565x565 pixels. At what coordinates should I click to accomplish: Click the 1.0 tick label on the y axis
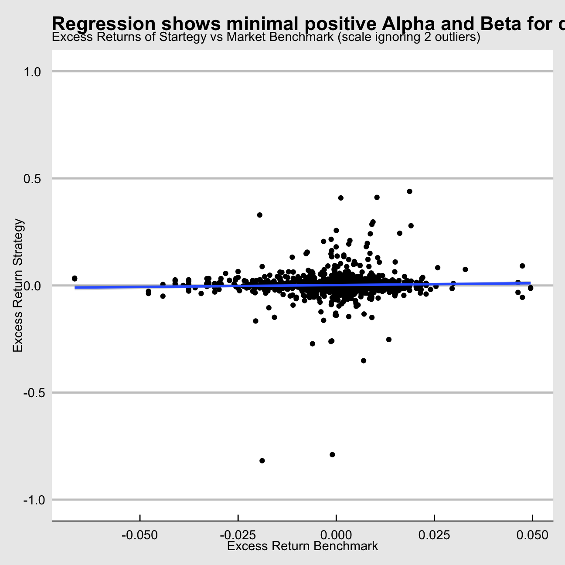coord(31,71)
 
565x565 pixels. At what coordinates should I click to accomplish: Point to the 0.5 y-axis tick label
coord(31,179)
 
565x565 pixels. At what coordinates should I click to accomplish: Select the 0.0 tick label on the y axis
coord(31,286)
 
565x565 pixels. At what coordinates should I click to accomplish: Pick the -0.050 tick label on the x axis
coord(140,534)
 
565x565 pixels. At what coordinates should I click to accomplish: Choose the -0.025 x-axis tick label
coord(238,534)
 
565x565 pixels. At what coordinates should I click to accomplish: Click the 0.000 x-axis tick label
coord(336,534)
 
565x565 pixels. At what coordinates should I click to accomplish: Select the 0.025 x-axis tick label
coord(434,534)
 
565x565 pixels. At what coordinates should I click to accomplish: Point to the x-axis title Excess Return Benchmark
coord(303,546)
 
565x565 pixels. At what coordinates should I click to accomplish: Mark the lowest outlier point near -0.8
coord(262,461)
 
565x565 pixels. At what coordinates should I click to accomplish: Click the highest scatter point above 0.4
coord(409,191)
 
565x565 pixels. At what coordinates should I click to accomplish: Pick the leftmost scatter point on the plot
coord(75,278)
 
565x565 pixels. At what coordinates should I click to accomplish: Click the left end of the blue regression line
coord(75,288)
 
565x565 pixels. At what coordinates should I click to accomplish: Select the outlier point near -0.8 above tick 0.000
coord(332,455)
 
